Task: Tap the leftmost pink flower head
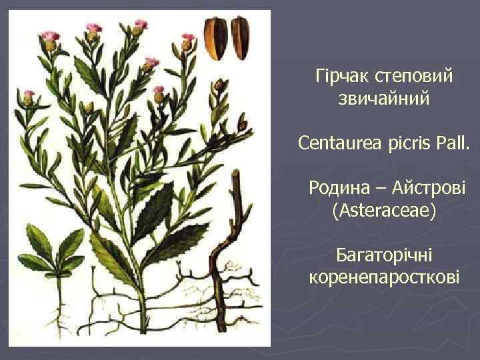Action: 29,95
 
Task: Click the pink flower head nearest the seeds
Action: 188,39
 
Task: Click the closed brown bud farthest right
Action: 242,123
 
